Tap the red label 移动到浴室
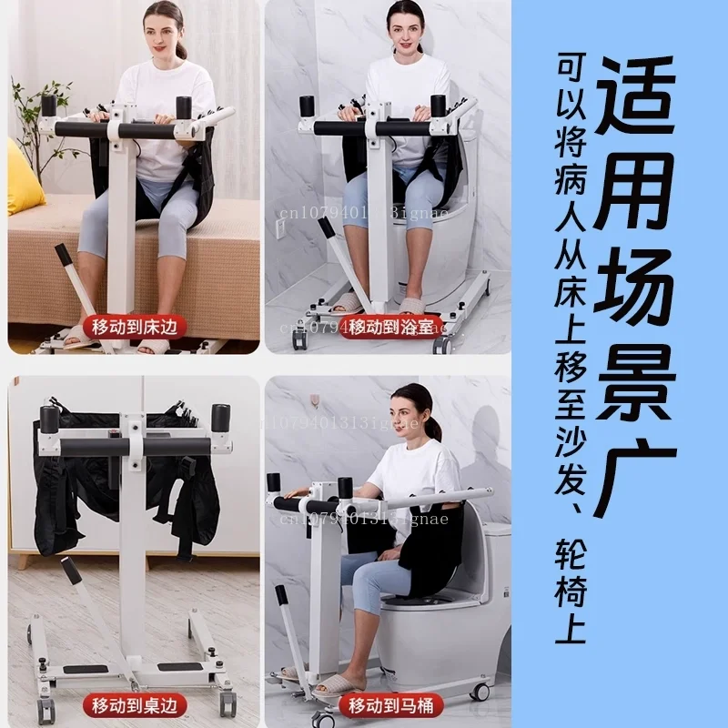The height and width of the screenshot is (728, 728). pyautogui.click(x=391, y=325)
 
